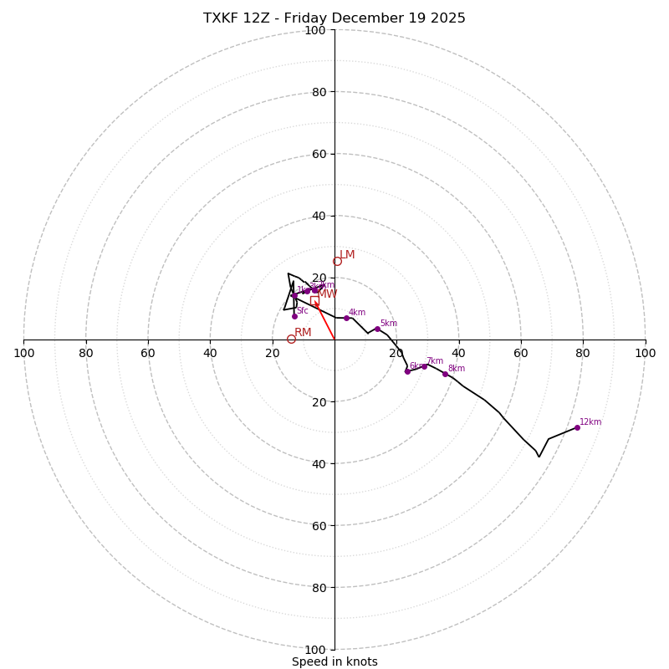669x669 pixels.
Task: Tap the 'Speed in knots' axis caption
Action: coord(334,662)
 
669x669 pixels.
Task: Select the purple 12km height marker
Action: coord(577,427)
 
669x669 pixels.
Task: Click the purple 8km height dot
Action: coord(445,374)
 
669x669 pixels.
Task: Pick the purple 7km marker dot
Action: coord(424,366)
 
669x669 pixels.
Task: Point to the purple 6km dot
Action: coord(407,371)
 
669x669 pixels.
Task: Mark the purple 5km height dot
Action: coord(377,329)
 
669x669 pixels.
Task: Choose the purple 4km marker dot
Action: coord(346,318)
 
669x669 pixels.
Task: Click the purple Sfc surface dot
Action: coord(294,316)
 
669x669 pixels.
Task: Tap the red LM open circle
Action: coord(337,261)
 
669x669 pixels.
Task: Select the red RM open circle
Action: coord(291,339)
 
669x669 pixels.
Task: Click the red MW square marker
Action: coord(314,300)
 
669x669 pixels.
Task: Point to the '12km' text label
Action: coord(590,422)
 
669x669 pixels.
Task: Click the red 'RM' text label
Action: coord(303,333)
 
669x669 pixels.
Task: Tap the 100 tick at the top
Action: coord(315,31)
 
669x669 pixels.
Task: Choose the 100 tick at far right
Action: coord(645,353)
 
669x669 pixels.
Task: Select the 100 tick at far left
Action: coord(24,353)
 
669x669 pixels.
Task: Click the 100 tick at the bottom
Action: coord(315,650)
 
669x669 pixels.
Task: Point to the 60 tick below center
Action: coord(318,526)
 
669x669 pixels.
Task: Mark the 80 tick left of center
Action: coord(86,353)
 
